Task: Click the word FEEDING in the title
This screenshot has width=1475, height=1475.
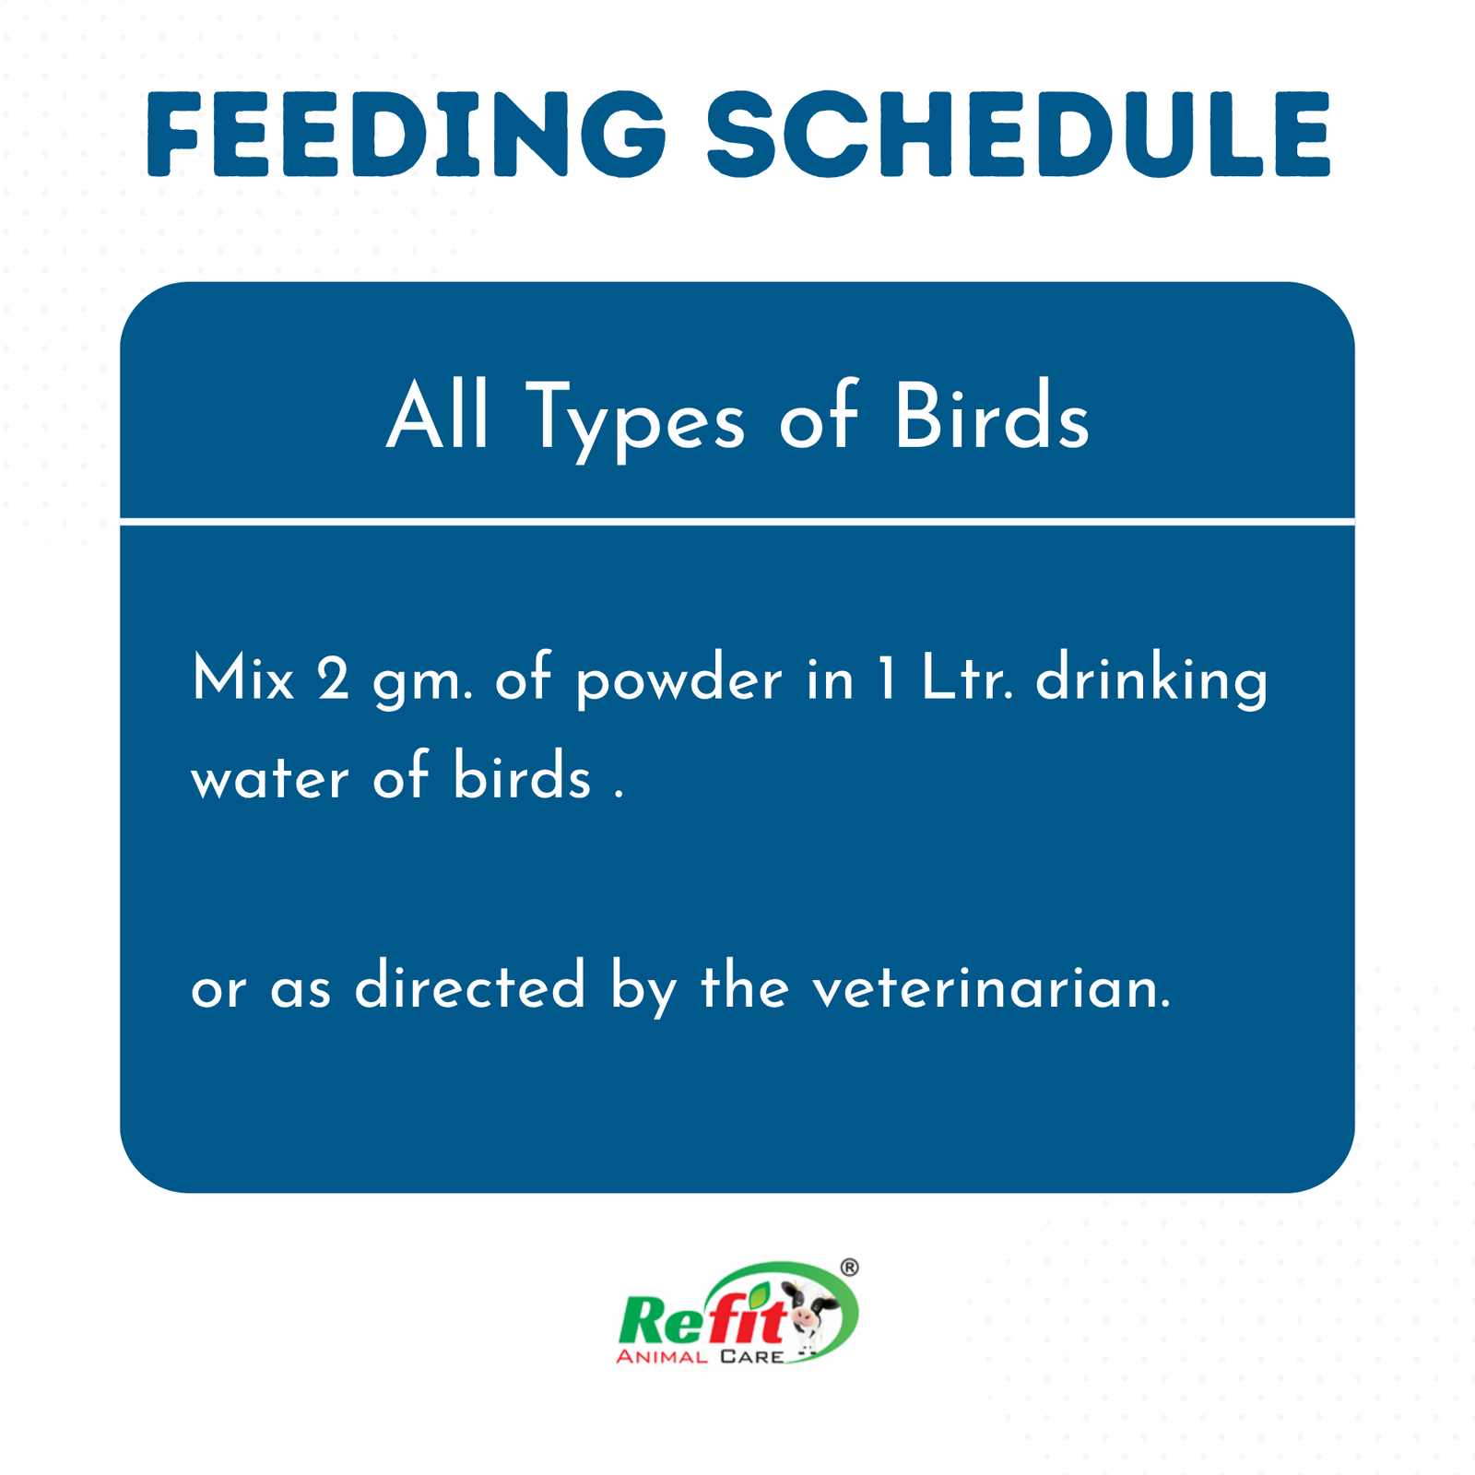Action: point(406,135)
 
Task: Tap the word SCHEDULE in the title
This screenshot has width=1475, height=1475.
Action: point(1019,135)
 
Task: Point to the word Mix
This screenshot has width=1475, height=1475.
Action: point(242,680)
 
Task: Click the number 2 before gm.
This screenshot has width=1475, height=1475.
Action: point(333,680)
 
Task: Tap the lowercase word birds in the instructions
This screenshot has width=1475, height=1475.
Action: point(522,775)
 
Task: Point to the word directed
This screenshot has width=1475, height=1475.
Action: point(470,985)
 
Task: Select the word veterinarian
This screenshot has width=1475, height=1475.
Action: point(991,986)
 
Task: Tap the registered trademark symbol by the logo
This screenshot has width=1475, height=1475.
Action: point(849,1268)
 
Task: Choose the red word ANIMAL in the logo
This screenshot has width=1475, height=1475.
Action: point(662,1357)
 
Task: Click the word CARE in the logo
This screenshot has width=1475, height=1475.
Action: point(752,1357)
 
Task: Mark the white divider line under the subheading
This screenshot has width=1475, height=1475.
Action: point(737,521)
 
